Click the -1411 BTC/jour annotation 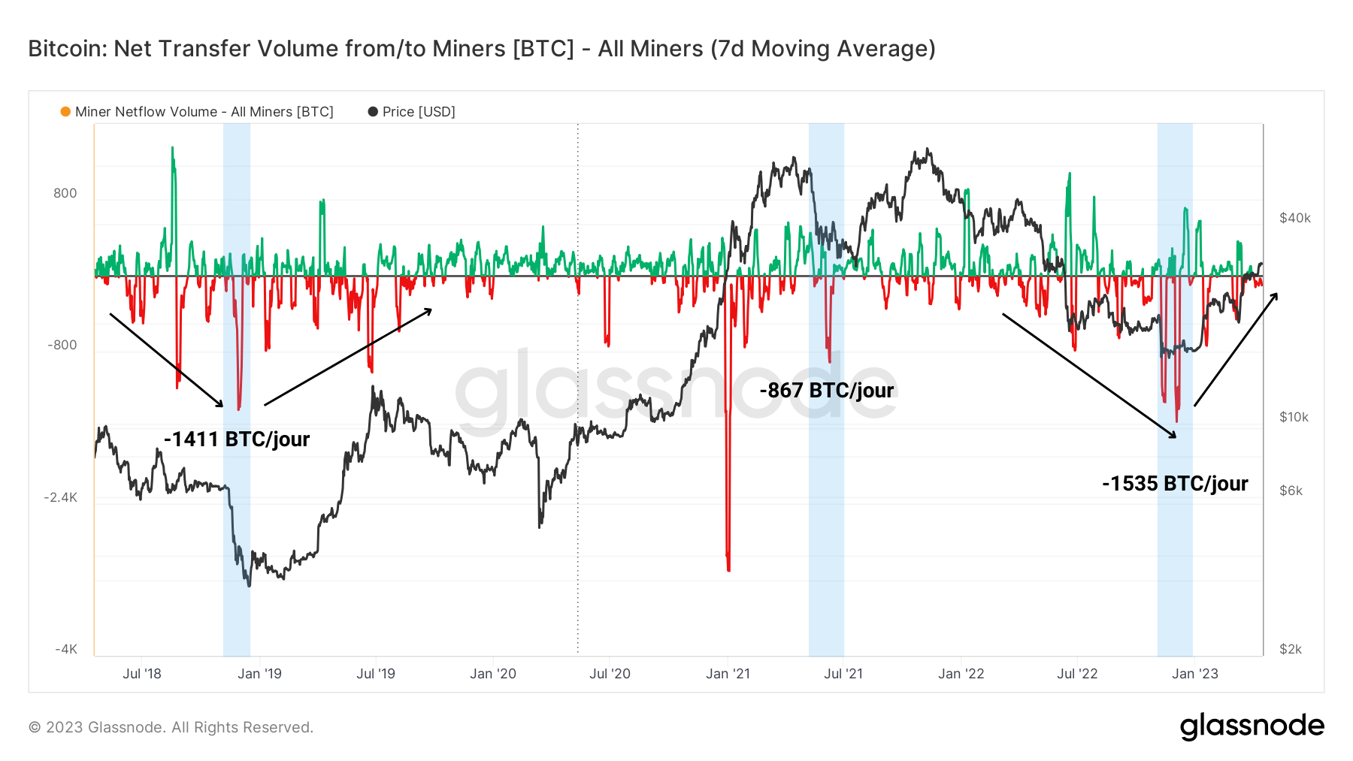(237, 439)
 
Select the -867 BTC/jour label (826, 391)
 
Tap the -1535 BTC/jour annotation (1175, 483)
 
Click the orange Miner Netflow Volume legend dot (65, 112)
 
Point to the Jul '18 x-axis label (142, 674)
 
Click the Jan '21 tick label (728, 674)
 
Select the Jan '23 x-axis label (1194, 674)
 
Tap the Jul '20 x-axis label (610, 674)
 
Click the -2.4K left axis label (61, 497)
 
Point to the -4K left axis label (66, 649)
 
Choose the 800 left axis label (65, 193)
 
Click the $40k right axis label (1294, 218)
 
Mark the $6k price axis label (1291, 491)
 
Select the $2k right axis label (1291, 649)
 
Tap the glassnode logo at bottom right (1252, 726)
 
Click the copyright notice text (171, 727)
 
